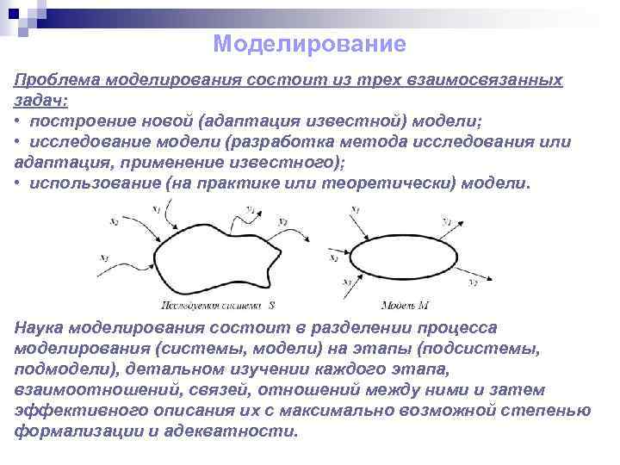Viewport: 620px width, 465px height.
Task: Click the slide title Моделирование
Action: tap(309, 42)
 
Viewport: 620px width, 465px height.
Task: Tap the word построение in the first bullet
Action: tap(78, 120)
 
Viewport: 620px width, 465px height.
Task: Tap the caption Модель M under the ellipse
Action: tap(405, 305)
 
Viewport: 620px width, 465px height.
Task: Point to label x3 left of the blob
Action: tap(104, 256)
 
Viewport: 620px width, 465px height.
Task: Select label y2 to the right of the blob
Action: tap(282, 221)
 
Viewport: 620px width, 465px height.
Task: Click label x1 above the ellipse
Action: tap(356, 208)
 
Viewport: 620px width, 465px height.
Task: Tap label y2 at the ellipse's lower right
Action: tap(473, 282)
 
